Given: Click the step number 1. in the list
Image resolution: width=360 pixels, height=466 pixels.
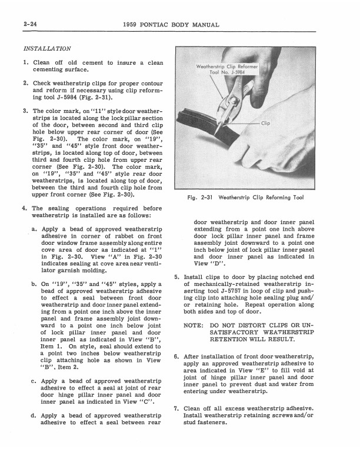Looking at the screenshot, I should click(x=25, y=62).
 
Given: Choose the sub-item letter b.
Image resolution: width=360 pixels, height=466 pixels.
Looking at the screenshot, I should click(x=35, y=284).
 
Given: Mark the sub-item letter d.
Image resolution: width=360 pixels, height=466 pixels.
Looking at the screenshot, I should click(x=35, y=416).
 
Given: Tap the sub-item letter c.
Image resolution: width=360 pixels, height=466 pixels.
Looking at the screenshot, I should click(x=35, y=381).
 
